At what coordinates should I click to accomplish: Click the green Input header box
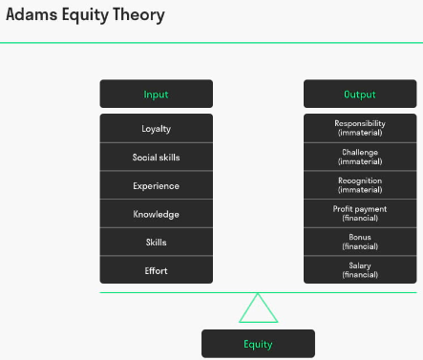[156, 94]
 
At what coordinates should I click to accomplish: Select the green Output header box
[360, 94]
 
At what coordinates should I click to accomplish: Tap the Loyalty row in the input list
[156, 128]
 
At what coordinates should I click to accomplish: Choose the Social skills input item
[156, 157]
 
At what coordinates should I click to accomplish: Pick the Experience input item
[156, 185]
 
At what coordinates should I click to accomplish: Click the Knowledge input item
[156, 214]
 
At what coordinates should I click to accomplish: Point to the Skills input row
[156, 243]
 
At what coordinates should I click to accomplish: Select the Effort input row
[156, 270]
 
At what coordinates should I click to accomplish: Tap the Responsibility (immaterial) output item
[360, 128]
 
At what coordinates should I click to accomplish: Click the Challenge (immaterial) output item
[360, 157]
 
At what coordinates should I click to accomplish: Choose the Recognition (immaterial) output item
[360, 184]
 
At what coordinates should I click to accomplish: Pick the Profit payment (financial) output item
[360, 213]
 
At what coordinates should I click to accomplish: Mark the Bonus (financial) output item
[360, 242]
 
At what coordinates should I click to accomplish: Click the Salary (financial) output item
[360, 270]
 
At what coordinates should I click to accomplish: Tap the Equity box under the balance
[258, 344]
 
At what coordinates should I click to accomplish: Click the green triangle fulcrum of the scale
[258, 310]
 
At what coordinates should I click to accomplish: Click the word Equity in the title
[85, 15]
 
